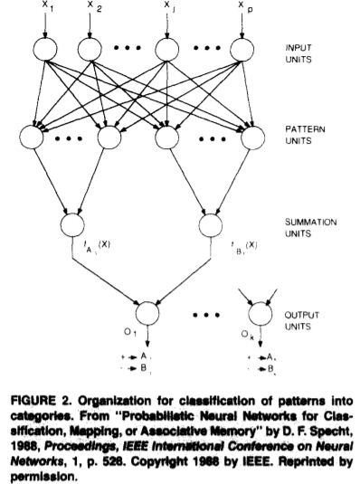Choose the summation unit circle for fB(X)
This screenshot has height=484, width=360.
pyautogui.click(x=211, y=223)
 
